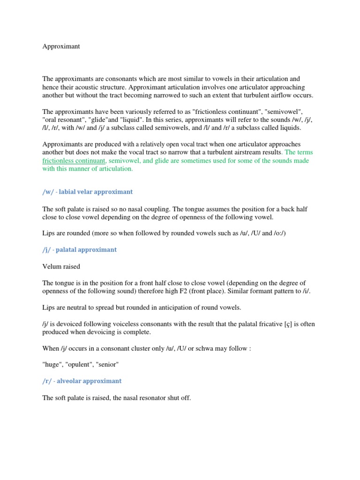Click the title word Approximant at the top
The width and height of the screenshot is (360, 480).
(x=61, y=47)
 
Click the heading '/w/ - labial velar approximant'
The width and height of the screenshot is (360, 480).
(x=88, y=192)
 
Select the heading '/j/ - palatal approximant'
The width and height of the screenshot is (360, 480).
(x=80, y=250)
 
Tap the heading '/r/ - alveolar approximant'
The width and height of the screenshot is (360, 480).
(x=82, y=381)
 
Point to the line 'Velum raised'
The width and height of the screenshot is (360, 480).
(x=61, y=267)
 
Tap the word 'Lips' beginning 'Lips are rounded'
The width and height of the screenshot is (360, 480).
(x=49, y=233)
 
